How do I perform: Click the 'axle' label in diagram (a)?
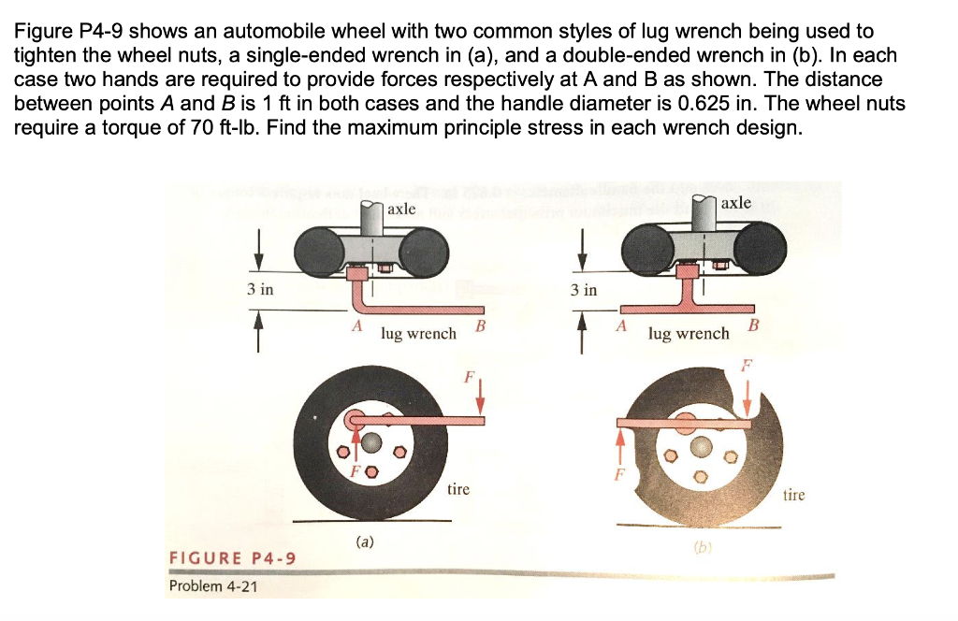coord(401,209)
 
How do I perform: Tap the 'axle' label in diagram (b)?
coord(735,203)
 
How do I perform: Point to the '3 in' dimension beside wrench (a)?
coord(260,289)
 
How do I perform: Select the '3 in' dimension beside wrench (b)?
coord(583,290)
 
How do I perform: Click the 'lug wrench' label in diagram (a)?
coord(418,333)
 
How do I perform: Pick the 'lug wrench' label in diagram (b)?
coord(689,333)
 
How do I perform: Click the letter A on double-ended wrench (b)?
coord(619,325)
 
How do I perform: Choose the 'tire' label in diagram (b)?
coord(792,495)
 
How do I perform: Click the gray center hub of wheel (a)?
coord(372,442)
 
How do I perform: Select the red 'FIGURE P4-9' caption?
coord(231,559)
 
